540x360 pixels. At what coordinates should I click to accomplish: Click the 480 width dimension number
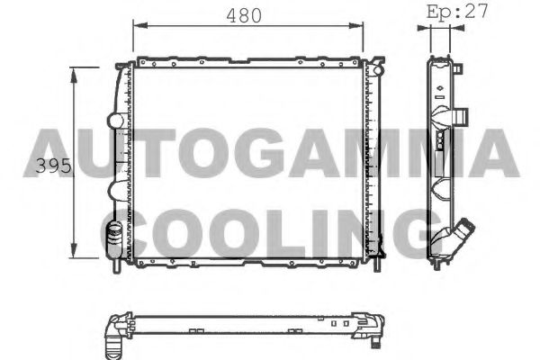tap(243, 15)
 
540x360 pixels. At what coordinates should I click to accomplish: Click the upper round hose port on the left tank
tap(114, 120)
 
